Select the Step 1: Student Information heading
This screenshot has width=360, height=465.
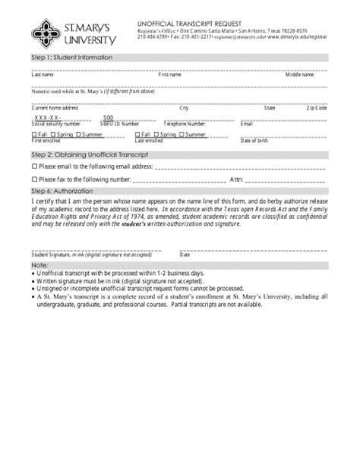click(x=71, y=58)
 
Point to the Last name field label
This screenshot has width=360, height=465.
click(x=42, y=75)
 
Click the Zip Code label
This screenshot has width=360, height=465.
click(x=317, y=108)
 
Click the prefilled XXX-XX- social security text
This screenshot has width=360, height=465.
click(x=48, y=118)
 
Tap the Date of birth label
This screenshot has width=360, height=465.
click(x=254, y=141)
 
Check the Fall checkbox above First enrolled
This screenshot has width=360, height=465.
click(x=33, y=134)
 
